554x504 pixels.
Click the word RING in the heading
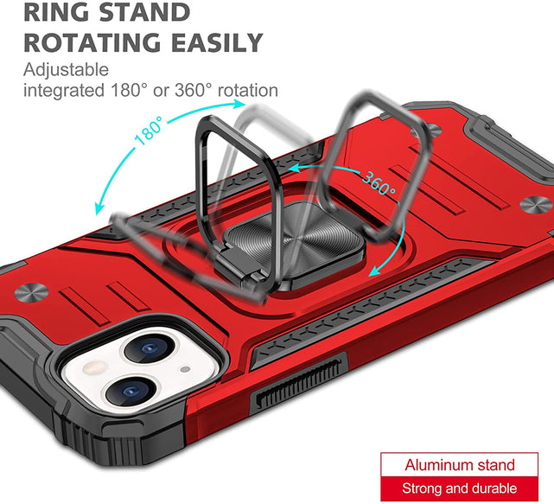57,13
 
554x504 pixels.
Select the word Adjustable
66,70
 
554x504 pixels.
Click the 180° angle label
149,130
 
